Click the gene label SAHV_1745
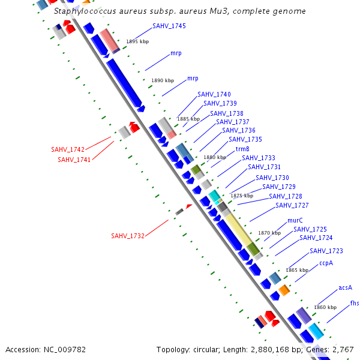(x=169, y=26)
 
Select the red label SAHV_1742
(x=68, y=149)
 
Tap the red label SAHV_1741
(x=74, y=160)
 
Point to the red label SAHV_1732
(x=128, y=236)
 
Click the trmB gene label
(x=242, y=149)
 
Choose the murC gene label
(x=295, y=221)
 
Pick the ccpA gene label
(x=326, y=263)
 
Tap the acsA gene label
(x=345, y=288)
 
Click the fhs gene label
(x=355, y=304)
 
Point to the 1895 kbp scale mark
(x=137, y=42)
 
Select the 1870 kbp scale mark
(x=269, y=233)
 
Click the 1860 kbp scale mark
(x=325, y=307)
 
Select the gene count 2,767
(x=343, y=349)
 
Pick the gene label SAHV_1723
(x=326, y=251)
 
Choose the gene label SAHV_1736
(x=239, y=131)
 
